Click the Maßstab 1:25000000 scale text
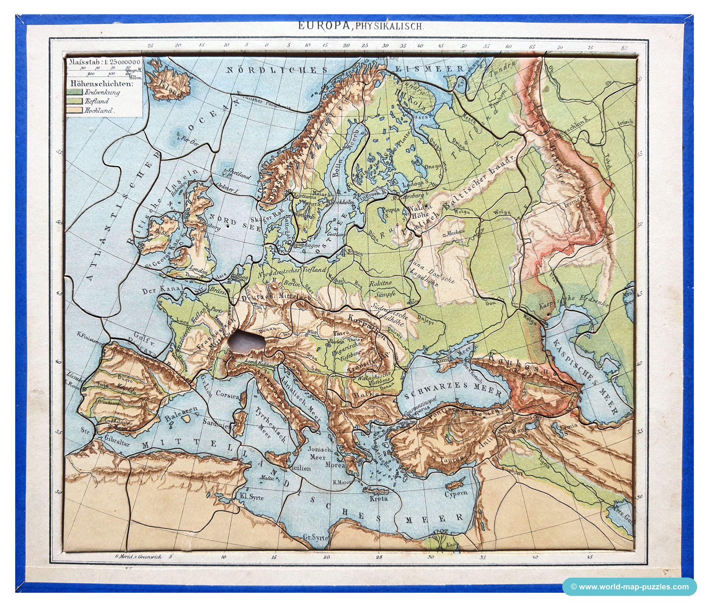104,62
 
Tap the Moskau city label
456,233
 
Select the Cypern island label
456,493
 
